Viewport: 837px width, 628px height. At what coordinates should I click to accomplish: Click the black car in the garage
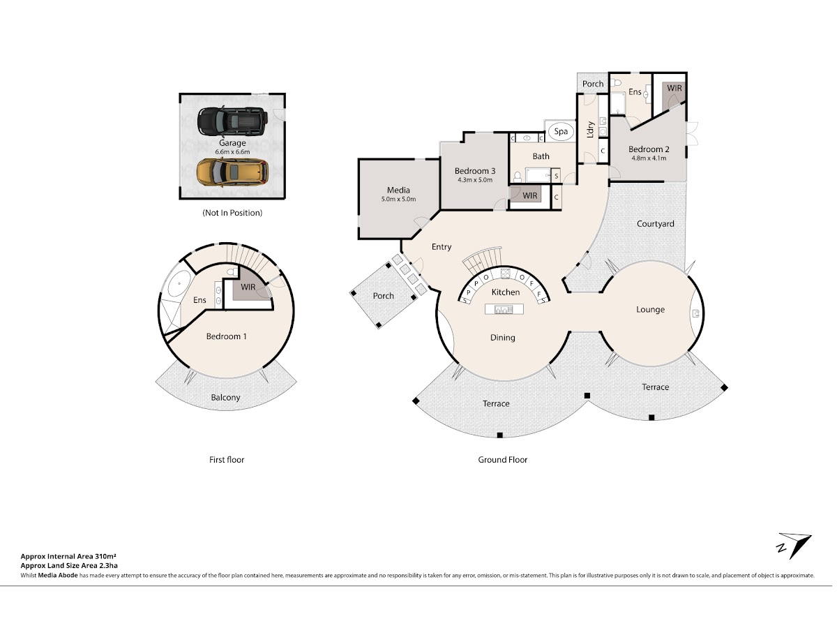coord(232,122)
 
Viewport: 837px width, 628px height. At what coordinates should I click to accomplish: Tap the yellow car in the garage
coord(232,172)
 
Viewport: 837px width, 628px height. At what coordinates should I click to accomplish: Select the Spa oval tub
coord(561,132)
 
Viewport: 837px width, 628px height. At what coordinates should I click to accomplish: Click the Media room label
coord(398,190)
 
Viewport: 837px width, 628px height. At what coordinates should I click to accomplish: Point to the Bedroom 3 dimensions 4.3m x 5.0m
coord(475,180)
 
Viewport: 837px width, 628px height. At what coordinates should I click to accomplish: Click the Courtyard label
coord(655,224)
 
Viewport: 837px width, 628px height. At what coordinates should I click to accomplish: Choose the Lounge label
coord(650,309)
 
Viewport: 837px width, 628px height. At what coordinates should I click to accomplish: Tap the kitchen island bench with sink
coord(504,309)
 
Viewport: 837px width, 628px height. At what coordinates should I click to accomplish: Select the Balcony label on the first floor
coord(225,397)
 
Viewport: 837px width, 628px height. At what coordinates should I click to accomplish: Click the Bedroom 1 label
coord(226,336)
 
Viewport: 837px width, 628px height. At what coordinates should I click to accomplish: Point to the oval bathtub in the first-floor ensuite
coord(179,284)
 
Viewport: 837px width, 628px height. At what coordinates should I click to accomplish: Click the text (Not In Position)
coord(232,213)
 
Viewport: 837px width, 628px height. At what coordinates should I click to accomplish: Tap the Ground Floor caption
coord(503,460)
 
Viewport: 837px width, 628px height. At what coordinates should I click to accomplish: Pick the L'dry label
coord(591,130)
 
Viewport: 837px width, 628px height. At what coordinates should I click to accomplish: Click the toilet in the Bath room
coord(518,177)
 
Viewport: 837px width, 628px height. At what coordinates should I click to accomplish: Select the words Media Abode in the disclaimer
coord(58,576)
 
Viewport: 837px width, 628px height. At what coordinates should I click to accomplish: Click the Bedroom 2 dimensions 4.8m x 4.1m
coord(649,158)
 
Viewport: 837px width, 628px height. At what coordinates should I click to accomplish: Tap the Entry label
coord(442,247)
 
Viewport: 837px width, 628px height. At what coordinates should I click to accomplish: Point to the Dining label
coord(503,338)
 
